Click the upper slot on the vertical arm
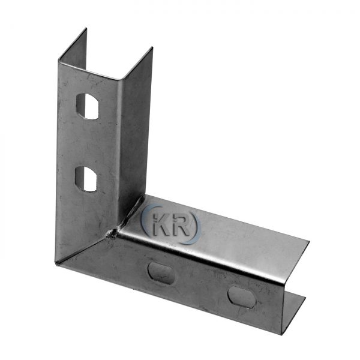[88, 106]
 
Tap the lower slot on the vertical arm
[86, 179]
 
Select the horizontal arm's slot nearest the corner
[161, 273]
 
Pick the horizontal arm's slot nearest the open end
[242, 296]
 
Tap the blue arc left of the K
[145, 218]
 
